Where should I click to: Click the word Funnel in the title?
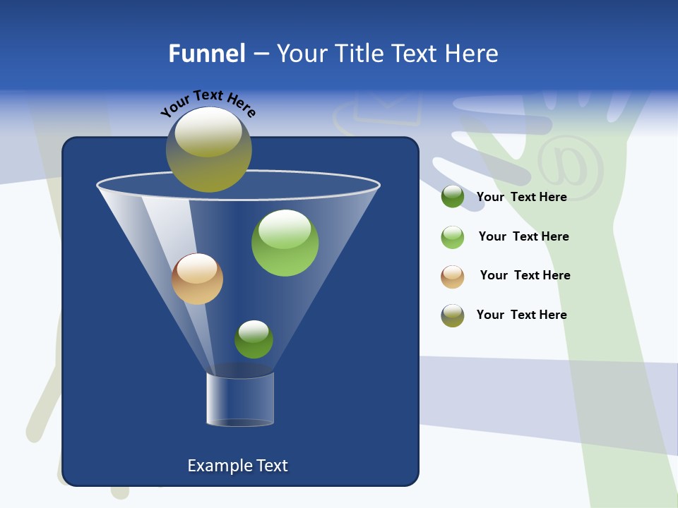click(206, 54)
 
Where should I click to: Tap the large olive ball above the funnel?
click(209, 150)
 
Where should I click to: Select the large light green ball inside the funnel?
click(285, 243)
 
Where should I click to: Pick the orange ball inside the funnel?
click(197, 279)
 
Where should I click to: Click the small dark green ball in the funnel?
click(254, 339)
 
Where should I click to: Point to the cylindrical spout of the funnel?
click(240, 399)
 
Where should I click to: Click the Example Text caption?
click(237, 466)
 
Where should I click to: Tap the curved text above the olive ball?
click(208, 103)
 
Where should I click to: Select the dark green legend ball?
click(453, 197)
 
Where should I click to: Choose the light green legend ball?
click(453, 237)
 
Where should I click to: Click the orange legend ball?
click(453, 277)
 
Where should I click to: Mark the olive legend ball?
click(453, 315)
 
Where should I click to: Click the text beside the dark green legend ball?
click(521, 198)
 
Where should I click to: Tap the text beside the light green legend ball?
click(523, 237)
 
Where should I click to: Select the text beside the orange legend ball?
click(525, 276)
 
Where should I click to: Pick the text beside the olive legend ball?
click(521, 315)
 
